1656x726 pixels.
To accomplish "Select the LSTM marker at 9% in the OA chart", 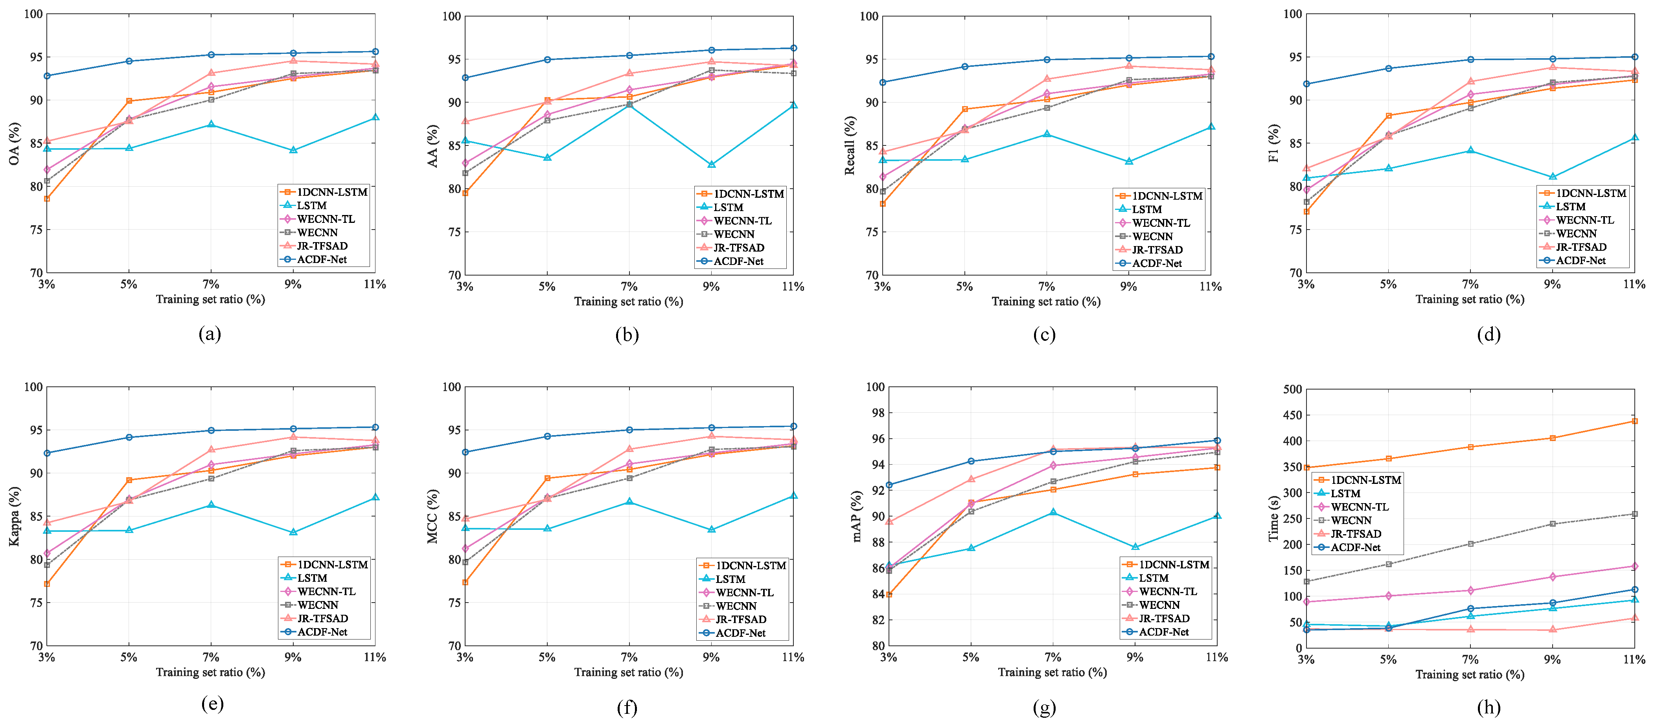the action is [293, 150].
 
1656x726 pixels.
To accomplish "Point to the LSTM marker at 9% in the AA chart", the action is [711, 164].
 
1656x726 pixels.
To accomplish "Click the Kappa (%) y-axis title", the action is [14, 516].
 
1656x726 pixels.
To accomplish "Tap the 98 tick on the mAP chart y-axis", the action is [876, 412].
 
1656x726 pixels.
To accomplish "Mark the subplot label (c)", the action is [1044, 334].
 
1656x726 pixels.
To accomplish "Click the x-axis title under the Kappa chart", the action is [210, 672].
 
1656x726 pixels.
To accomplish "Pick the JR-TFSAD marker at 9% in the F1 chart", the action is [1553, 68].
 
